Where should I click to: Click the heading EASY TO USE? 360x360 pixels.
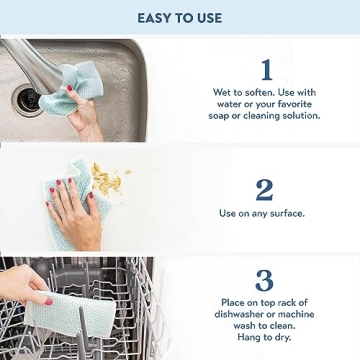point(180,17)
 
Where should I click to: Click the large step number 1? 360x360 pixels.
point(265,69)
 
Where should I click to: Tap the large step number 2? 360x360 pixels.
point(265,190)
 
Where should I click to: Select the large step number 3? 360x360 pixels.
point(265,281)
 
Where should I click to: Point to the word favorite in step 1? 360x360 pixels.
point(293,104)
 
